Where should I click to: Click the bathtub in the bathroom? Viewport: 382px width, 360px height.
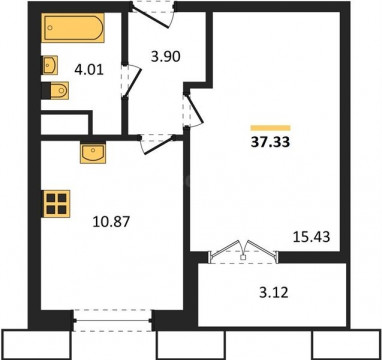(73, 28)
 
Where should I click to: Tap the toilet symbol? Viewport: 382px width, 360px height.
(57, 91)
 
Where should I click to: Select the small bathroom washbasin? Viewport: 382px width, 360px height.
(50, 65)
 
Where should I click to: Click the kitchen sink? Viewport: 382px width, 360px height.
(93, 153)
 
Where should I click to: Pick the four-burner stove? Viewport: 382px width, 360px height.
(56, 204)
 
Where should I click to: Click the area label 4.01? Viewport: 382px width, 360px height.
(89, 70)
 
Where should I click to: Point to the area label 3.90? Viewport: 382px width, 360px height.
(166, 56)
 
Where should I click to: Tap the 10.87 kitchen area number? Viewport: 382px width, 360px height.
(111, 221)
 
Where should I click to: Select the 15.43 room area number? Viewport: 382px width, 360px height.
(311, 237)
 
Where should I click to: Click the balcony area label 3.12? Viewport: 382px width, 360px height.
(273, 293)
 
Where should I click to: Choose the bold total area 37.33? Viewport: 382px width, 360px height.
(270, 142)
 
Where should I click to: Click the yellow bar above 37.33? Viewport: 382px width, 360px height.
(270, 128)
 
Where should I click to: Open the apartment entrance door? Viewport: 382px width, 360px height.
(152, 15)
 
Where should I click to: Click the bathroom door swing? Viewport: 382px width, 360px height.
(133, 81)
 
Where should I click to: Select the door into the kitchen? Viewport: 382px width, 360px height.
(158, 144)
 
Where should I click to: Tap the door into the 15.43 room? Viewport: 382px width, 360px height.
(193, 110)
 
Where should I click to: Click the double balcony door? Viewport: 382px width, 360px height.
(243, 252)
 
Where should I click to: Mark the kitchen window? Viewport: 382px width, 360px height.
(112, 321)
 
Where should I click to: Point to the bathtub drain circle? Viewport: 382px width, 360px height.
(50, 28)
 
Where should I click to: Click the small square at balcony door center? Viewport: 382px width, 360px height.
(243, 257)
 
